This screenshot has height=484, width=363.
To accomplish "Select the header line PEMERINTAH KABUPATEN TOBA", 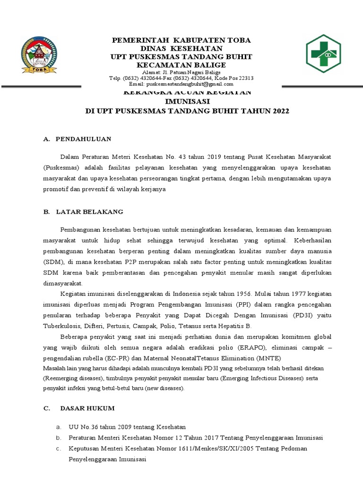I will pyautogui.click(x=181, y=40).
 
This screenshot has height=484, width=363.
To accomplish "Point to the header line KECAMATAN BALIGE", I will pyautogui.click(x=181, y=65).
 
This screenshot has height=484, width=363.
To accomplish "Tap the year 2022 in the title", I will pyautogui.click(x=279, y=111).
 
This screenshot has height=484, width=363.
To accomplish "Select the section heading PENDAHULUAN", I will pyautogui.click(x=83, y=139).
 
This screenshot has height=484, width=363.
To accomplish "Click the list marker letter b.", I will pyautogui.click(x=58, y=438).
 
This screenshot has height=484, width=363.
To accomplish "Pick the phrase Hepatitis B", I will pyautogui.click(x=233, y=326).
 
